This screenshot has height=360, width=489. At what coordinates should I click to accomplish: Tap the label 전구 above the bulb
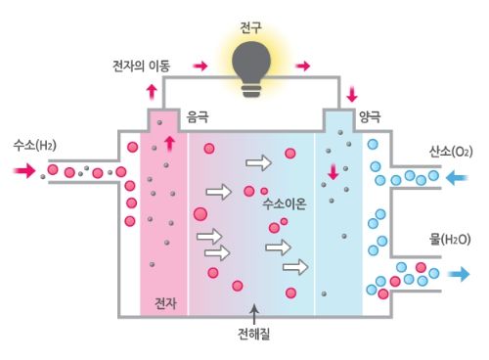251,17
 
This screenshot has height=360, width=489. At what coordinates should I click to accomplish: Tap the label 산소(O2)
451,153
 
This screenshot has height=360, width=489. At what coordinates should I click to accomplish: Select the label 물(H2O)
451,239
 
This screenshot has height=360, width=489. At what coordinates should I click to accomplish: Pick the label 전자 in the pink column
165,302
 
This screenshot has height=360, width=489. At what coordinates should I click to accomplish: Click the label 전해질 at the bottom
253,334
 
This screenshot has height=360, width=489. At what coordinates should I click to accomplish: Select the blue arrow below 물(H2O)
457,275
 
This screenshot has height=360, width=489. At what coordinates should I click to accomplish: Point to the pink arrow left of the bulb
200,67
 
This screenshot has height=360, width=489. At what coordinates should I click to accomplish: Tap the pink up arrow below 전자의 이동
151,91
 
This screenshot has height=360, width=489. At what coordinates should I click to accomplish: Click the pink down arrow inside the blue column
333,172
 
